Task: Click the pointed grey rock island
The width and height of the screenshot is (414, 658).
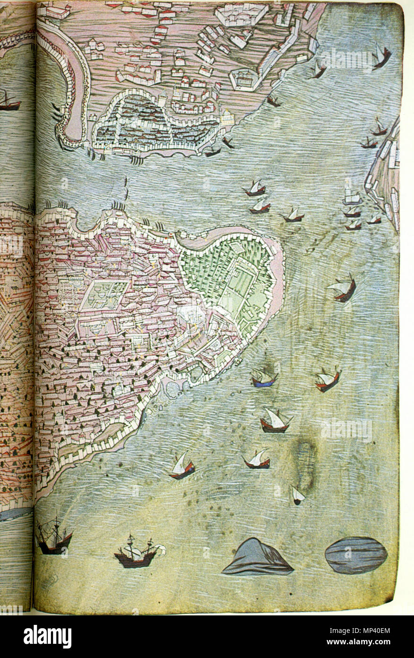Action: [x=257, y=558]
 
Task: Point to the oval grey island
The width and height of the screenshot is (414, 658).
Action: [x=355, y=555]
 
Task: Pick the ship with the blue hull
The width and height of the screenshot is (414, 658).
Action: [x=263, y=378]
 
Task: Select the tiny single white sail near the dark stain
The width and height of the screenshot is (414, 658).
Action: [x=297, y=495]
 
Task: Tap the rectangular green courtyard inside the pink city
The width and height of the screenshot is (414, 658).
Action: [x=104, y=294]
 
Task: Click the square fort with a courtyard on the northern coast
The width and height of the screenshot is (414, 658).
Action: [x=244, y=79]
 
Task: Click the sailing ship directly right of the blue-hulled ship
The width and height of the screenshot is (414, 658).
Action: [x=328, y=379]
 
